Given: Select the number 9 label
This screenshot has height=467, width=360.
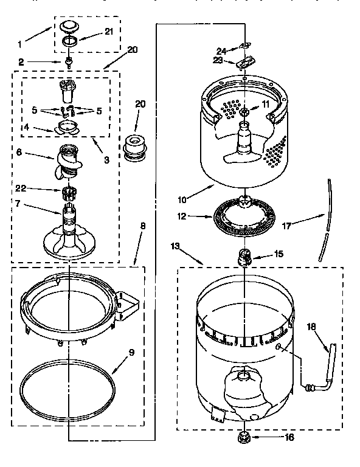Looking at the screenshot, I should click(x=130, y=351).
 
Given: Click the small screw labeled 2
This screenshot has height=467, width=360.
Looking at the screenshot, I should click(x=71, y=62).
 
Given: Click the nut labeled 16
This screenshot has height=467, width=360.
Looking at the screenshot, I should click(x=244, y=437).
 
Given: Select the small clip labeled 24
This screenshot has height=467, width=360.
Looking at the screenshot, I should click(x=245, y=46).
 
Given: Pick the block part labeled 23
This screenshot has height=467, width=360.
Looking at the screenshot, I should click(x=246, y=62).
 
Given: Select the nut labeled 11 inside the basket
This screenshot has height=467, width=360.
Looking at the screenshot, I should click(x=244, y=112).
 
